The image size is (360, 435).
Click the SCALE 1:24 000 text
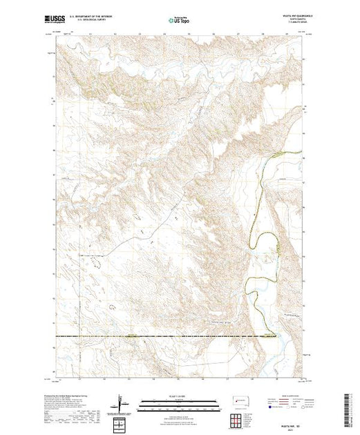(x=179, y=395)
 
